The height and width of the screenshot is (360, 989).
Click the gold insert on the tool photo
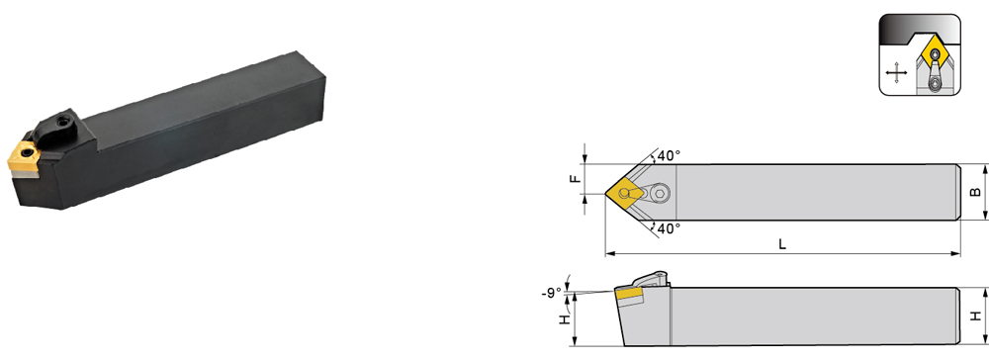[x=23, y=155]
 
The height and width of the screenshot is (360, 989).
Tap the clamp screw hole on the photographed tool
[x=64, y=119]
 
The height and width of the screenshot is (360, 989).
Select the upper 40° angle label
[x=670, y=155]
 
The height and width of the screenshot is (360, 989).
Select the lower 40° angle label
[x=670, y=228]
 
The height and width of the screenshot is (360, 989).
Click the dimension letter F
[x=574, y=179]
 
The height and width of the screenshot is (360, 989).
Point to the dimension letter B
[x=975, y=192]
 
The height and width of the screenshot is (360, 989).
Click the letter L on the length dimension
[x=782, y=244]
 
